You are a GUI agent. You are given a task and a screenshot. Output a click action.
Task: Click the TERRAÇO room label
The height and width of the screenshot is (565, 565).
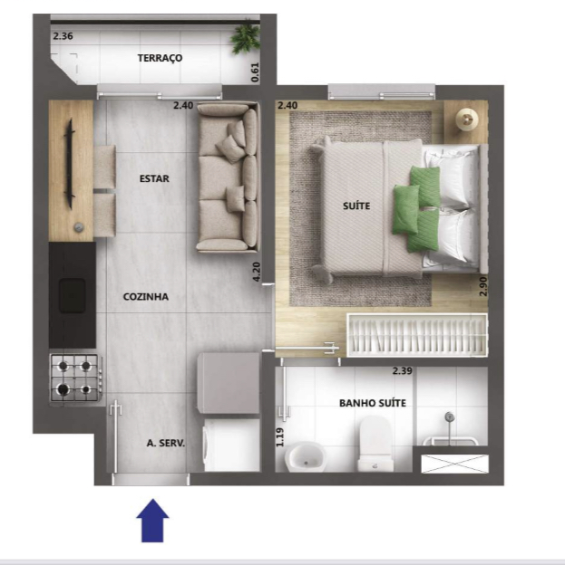(x=160, y=58)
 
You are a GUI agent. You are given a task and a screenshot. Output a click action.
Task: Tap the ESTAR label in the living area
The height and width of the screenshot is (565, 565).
(x=154, y=178)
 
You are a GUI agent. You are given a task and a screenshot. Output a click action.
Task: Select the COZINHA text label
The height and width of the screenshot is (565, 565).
(x=146, y=297)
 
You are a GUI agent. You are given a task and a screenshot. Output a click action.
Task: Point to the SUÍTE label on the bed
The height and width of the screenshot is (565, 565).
(x=356, y=206)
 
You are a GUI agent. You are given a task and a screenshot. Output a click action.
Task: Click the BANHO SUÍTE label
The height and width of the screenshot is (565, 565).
(x=373, y=403)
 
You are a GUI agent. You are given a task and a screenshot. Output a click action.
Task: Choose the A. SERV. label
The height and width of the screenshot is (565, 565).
(x=166, y=443)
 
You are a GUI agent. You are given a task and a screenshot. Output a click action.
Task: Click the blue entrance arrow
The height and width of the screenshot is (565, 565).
(x=152, y=521)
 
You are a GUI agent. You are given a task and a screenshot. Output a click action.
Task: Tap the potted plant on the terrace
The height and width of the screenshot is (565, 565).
(x=246, y=38)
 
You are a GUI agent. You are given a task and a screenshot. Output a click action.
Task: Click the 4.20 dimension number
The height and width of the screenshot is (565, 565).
(x=257, y=272)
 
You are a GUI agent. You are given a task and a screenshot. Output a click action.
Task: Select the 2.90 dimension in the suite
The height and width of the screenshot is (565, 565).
(x=483, y=286)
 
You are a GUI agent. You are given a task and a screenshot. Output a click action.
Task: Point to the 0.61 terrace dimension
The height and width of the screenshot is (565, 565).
(x=255, y=72)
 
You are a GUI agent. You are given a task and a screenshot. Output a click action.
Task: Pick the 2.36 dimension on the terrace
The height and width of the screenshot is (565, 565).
(x=63, y=36)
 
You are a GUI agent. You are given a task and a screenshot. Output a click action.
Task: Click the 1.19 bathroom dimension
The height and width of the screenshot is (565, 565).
(x=280, y=437)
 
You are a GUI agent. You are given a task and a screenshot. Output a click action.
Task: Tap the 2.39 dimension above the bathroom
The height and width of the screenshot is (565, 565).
(x=402, y=371)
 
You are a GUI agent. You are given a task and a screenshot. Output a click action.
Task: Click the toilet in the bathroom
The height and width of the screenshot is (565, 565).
(x=375, y=444)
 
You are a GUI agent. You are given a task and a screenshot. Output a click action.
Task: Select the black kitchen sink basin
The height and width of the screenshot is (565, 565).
(x=73, y=295)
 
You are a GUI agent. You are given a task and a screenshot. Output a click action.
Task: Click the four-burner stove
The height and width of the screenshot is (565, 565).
(x=75, y=378)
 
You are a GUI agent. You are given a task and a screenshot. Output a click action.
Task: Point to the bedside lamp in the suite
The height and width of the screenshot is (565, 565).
(x=467, y=119)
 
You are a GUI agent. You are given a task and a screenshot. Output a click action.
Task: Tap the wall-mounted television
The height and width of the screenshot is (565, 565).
(x=69, y=164)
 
